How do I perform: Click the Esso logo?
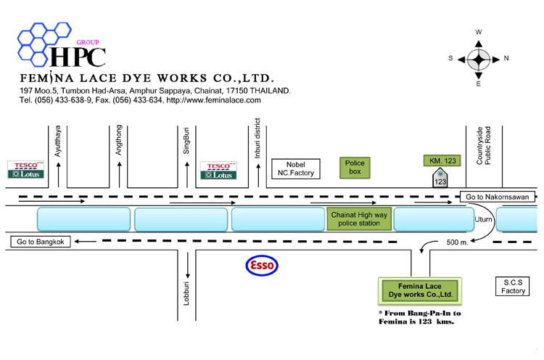click(262, 266)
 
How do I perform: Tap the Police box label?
click(355, 168)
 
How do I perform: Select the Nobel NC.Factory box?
click(296, 168)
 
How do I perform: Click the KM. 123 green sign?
click(442, 160)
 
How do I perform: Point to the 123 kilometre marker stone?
click(440, 178)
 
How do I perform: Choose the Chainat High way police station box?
click(359, 218)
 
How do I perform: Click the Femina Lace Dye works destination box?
click(420, 290)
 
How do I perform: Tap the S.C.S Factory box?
click(513, 287)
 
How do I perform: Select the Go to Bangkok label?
click(40, 242)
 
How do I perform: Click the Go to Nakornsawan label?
click(497, 197)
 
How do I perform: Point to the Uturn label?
click(483, 219)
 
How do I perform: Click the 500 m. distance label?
click(457, 242)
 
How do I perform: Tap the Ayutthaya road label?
click(57, 141)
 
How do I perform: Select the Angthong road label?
click(119, 140)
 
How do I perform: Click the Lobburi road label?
click(186, 294)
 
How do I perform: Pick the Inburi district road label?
click(257, 138)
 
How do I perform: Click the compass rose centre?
click(479, 60)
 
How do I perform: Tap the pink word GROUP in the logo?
click(88, 42)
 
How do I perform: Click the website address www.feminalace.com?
click(214, 100)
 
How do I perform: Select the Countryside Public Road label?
click(484, 145)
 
